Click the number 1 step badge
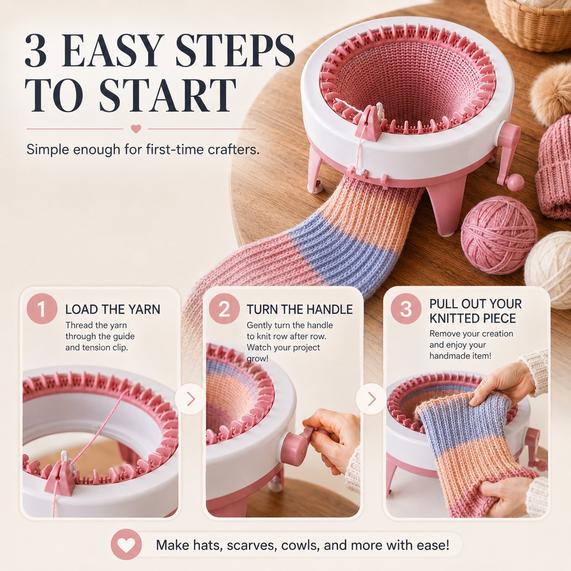click(x=42, y=309)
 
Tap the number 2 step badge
click(x=224, y=309)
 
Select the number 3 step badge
click(x=406, y=309)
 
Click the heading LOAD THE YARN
click(x=112, y=309)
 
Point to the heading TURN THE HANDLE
click(x=300, y=309)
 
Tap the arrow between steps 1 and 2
click(x=191, y=399)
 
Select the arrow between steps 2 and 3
click(x=372, y=399)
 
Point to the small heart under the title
click(x=136, y=129)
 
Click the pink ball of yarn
click(x=499, y=235)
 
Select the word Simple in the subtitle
click(x=47, y=150)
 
